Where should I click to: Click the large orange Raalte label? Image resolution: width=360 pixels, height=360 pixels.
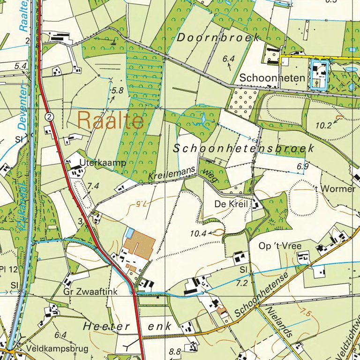[x=111, y=121]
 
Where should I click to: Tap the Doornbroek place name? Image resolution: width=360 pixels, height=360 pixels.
[x=218, y=38]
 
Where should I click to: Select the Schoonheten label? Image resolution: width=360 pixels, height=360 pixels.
[x=272, y=78]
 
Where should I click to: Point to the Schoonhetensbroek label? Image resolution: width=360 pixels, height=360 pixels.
[x=243, y=149]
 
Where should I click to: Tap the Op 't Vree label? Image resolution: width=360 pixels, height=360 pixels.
[x=280, y=246]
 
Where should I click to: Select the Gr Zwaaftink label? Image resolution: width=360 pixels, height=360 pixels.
[x=90, y=291]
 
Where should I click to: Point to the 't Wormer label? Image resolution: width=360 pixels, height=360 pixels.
[x=335, y=189]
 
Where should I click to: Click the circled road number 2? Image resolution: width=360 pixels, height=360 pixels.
[x=49, y=116]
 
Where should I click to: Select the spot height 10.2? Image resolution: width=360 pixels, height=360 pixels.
[x=323, y=125]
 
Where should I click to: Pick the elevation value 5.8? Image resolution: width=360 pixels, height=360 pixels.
[x=117, y=91]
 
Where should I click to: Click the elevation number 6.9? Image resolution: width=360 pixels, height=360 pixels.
[x=303, y=166]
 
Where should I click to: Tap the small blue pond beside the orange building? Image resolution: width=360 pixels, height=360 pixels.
[x=130, y=232]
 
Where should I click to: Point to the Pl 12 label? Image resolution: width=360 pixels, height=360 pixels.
[x=9, y=269]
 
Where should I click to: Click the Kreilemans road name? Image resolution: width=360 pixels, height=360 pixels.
[x=171, y=175]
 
